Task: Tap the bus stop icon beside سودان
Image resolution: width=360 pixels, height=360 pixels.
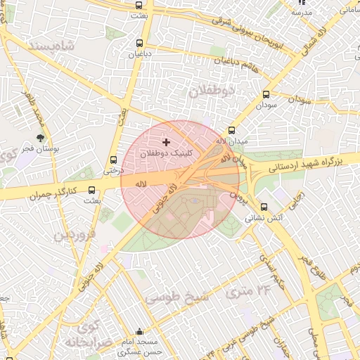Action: pos(266,94)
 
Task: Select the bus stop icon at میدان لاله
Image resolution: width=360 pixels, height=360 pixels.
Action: pos(231,130)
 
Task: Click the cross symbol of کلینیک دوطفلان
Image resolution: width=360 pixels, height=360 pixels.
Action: pos(166,142)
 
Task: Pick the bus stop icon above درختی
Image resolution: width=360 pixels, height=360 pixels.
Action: pos(114,159)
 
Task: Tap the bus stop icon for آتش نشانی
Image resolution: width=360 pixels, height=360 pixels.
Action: pos(264,207)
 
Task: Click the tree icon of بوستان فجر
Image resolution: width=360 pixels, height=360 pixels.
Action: pos(40,138)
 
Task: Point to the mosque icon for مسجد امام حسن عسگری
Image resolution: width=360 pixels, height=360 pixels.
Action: pos(141,332)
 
